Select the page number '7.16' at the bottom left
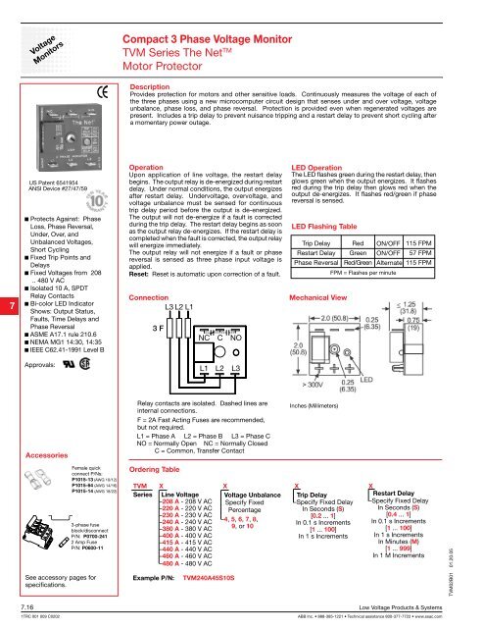(14, 609)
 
